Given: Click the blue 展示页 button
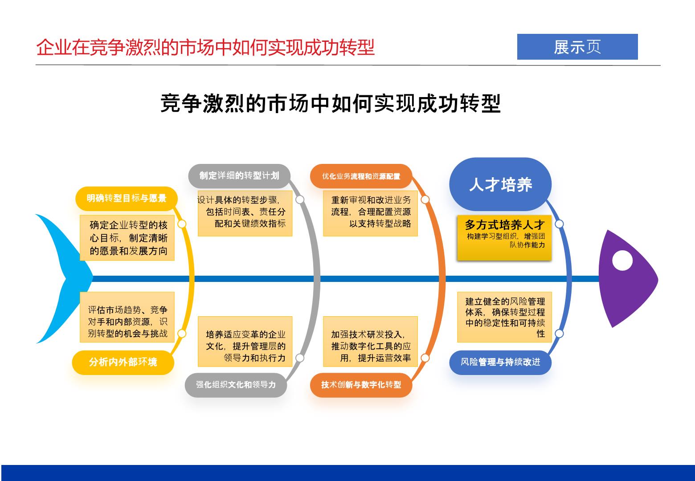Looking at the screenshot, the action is (x=577, y=47).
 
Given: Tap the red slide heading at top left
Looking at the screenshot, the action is (x=205, y=48).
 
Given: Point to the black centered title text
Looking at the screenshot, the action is (x=331, y=103).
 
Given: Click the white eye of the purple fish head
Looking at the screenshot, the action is (x=622, y=260).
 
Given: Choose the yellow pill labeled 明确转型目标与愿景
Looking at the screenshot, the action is (x=126, y=198).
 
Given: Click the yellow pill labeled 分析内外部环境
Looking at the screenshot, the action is (x=123, y=362).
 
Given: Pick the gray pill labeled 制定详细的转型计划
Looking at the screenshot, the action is (x=239, y=176).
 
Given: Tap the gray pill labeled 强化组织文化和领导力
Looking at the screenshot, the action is (x=236, y=385).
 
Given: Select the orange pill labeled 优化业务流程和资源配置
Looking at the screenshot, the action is (x=361, y=176).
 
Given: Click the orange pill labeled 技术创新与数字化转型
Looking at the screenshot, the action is (x=361, y=385).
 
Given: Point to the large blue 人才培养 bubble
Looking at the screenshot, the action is (x=500, y=184).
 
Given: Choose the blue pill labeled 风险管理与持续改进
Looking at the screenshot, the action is (x=500, y=362).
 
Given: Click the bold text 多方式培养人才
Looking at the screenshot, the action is (x=504, y=224).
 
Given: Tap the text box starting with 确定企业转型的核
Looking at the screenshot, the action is (x=127, y=238).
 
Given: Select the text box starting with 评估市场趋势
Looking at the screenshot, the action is (x=127, y=317).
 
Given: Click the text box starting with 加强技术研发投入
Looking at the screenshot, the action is (x=371, y=342).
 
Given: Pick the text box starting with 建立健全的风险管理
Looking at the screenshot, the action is (x=504, y=317).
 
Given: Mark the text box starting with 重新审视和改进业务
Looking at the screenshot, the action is (x=371, y=213).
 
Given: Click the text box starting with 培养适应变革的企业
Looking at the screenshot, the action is (x=245, y=342).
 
